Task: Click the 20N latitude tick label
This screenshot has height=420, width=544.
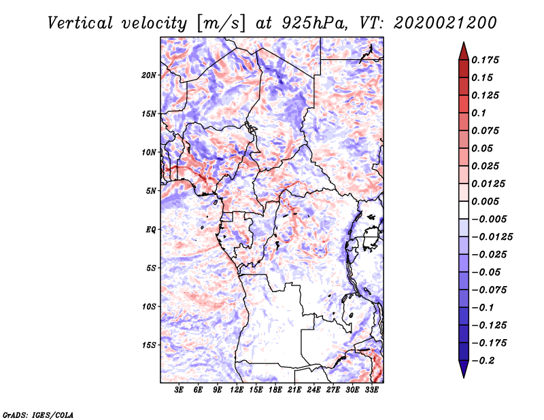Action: click(149, 75)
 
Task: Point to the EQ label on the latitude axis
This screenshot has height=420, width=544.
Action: click(150, 229)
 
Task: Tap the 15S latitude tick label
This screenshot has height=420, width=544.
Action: click(149, 345)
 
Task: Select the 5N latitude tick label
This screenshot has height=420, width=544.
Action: click(150, 191)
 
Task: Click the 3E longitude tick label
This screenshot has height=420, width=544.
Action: click(180, 390)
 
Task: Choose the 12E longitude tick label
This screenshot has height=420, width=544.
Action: click(237, 390)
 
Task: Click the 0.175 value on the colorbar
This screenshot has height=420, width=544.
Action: click(486, 60)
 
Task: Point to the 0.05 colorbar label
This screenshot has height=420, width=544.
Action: click(483, 148)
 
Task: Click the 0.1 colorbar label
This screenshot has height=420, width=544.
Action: click(479, 113)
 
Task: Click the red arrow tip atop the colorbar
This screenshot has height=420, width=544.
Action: click(463, 49)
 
